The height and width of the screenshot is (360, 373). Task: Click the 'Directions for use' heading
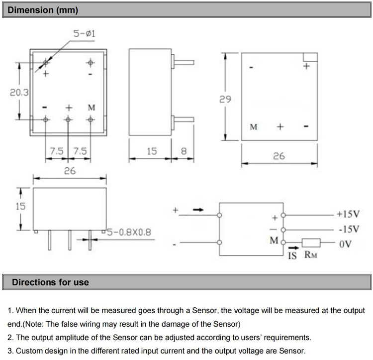click(50, 282)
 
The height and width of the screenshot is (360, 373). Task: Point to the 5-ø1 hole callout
click(84, 34)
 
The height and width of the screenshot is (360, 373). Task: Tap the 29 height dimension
click(225, 99)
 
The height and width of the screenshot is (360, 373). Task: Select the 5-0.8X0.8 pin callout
click(126, 231)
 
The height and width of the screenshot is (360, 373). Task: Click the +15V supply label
click(347, 214)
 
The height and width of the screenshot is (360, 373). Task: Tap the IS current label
click(292, 256)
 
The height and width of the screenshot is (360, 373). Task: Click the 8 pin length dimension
click(183, 151)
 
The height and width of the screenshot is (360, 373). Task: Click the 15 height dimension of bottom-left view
click(20, 205)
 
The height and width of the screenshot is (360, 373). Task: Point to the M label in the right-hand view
click(254, 127)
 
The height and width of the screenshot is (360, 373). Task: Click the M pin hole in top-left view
click(91, 120)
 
